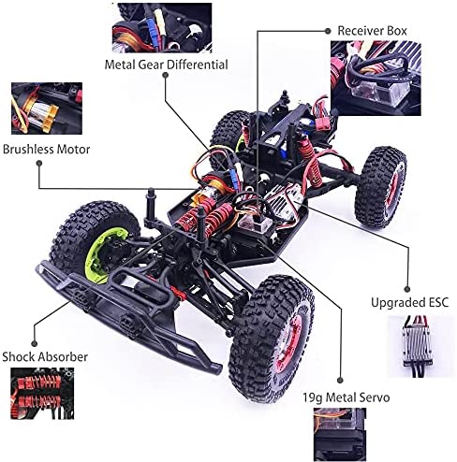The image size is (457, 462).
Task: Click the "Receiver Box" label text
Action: [372, 31]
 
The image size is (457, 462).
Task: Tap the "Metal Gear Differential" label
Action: [166, 65]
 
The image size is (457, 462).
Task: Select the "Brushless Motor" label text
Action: [46, 150]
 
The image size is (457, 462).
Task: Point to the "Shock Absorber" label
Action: [45, 356]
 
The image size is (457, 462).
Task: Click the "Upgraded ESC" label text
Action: [410, 302]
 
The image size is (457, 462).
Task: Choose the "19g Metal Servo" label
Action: [346, 397]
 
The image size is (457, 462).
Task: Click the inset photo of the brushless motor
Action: [47, 108]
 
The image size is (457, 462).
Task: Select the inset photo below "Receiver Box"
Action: [376, 78]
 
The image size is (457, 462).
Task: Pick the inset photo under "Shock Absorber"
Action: [42, 394]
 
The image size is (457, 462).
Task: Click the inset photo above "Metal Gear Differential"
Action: [162, 27]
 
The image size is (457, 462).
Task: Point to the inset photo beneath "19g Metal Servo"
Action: [340, 435]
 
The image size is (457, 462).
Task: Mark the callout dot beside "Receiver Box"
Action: [328, 31]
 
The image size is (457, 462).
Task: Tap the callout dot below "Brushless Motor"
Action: [39, 163]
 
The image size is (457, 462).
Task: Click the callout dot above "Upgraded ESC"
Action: [406, 289]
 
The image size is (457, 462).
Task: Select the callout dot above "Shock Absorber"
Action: [35, 343]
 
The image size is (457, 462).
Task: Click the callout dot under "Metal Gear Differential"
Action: [166, 75]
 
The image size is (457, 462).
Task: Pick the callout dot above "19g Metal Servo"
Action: [340, 381]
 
